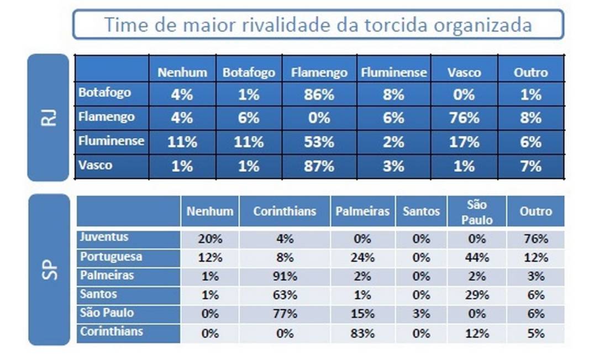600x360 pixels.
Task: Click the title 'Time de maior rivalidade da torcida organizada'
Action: pos(318,25)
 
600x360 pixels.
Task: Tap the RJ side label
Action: pos(49,117)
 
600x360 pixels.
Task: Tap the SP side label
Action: pos(49,269)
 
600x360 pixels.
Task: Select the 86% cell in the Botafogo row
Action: pos(319,95)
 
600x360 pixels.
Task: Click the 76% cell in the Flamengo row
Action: pos(464,118)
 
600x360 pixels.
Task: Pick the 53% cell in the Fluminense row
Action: pos(319,142)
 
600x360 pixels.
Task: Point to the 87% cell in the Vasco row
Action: pos(319,166)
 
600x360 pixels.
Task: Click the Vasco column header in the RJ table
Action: pos(464,72)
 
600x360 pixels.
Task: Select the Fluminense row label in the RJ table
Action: pos(111,141)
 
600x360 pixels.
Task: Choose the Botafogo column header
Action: pos(249,72)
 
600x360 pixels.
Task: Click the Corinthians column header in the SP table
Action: pos(285,211)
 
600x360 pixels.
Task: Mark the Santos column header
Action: pos(421,211)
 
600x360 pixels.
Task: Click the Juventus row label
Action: pos(104,237)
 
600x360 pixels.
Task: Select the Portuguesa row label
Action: pos(110,257)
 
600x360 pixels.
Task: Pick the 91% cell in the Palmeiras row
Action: pos(285,276)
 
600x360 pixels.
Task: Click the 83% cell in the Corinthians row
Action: pos(362,333)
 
